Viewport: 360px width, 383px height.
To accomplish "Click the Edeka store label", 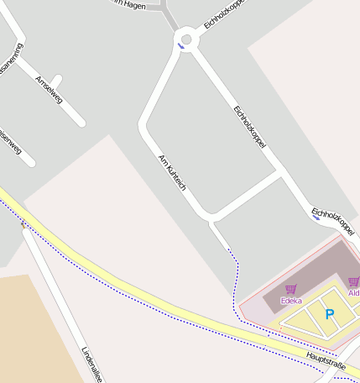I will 291,300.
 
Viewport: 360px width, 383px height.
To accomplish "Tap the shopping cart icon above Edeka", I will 291,289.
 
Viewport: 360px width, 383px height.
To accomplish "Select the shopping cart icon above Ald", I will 353,282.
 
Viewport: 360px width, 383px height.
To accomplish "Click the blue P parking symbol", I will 330,315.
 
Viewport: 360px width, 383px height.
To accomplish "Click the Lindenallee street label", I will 91,365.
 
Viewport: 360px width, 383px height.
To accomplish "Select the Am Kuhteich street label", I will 171,171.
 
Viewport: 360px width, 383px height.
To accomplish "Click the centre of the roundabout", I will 186,39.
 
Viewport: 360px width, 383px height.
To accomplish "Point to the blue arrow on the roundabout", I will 180,47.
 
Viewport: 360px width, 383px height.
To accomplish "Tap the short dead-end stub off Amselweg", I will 55,81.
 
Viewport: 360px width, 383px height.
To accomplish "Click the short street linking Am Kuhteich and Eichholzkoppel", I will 247,196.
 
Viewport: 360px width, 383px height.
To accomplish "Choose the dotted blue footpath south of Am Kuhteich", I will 234,269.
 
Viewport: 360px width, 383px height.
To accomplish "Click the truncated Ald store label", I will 353,292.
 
